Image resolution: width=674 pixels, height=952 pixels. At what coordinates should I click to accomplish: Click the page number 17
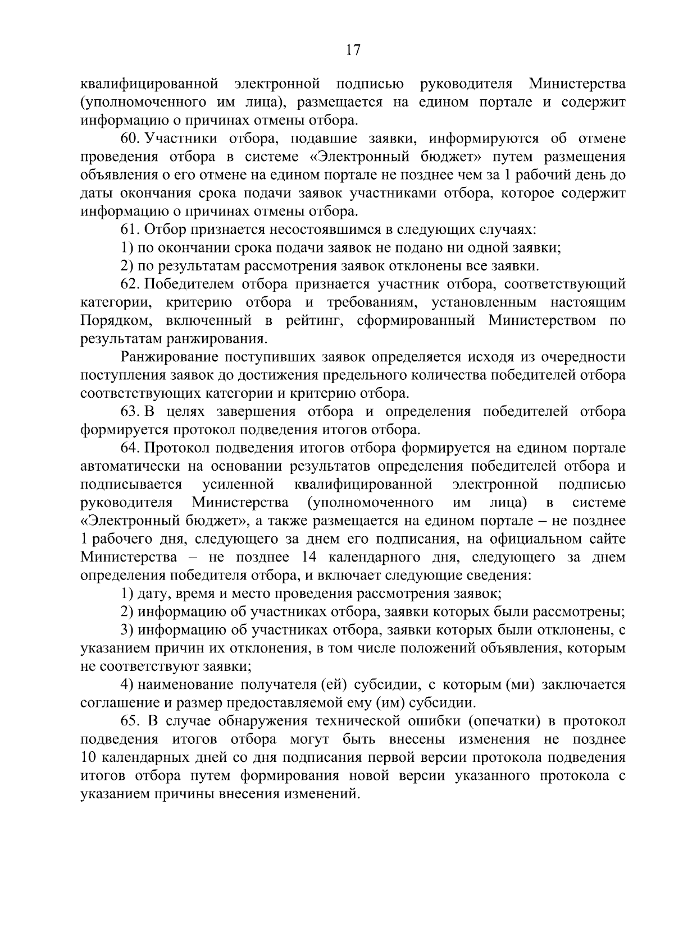[x=353, y=50]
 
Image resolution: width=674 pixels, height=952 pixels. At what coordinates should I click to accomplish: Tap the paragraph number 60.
[x=129, y=139]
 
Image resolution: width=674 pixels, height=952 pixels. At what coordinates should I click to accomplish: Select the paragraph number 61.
[x=129, y=229]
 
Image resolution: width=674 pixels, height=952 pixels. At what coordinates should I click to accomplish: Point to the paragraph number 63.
[x=129, y=412]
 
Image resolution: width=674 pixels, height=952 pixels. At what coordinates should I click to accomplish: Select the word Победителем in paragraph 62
[x=187, y=284]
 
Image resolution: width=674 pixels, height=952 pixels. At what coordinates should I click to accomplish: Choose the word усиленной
[x=238, y=485]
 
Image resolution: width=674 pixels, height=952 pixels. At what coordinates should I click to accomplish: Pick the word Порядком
[x=115, y=321]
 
